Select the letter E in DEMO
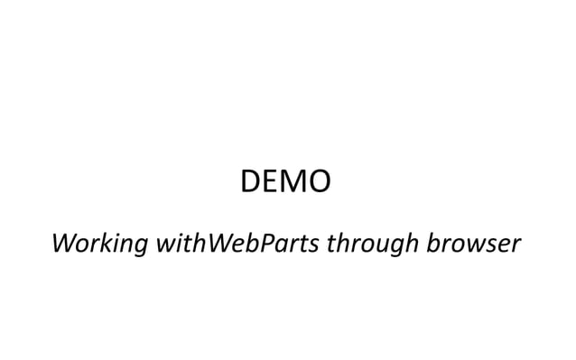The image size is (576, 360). point(272,183)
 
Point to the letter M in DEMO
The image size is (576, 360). point(293,183)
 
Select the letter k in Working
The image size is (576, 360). point(104,243)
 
